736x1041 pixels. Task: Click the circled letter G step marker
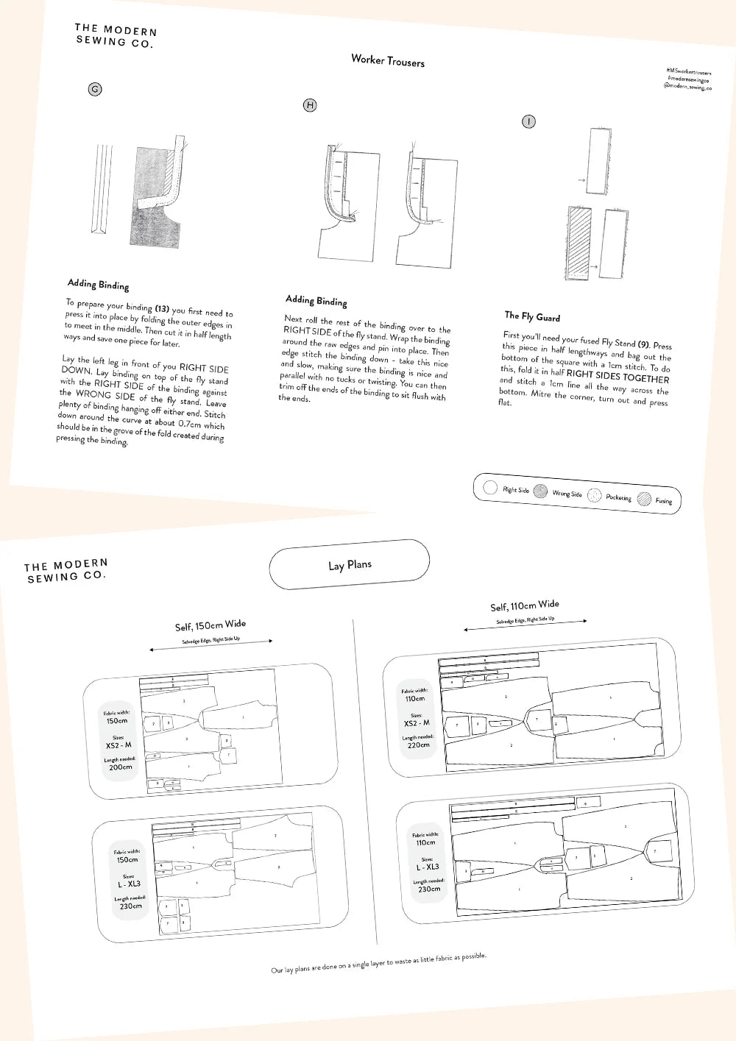point(95,89)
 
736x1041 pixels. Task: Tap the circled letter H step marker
point(310,105)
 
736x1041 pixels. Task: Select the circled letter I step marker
point(528,121)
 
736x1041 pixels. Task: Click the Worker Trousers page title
point(388,61)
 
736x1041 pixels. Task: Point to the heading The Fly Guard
point(532,316)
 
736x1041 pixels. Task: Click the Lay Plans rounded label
point(350,565)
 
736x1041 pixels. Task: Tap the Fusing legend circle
point(645,498)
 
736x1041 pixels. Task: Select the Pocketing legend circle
point(595,495)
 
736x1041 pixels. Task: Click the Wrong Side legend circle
point(541,491)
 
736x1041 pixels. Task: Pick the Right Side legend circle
point(490,487)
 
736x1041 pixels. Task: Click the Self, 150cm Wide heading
point(210,625)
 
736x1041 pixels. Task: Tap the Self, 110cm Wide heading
point(525,605)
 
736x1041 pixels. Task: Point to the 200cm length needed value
point(121,767)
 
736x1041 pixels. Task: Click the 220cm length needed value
point(419,745)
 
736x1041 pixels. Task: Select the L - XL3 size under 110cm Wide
point(428,867)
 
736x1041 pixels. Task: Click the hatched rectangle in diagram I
point(579,243)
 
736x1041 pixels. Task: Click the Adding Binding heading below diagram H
point(316,300)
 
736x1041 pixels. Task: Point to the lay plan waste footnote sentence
point(378,963)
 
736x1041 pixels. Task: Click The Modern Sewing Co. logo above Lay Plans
point(66,570)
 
